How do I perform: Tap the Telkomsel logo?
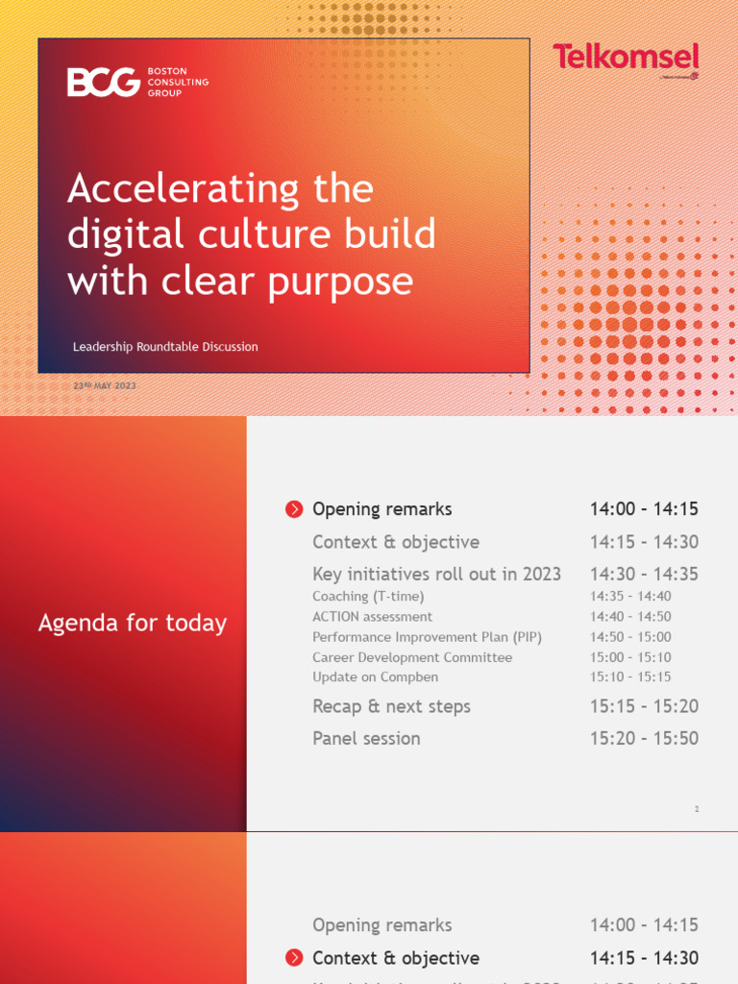(625, 58)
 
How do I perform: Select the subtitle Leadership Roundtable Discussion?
(165, 347)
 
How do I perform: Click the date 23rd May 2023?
(105, 385)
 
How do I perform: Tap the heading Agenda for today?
(133, 623)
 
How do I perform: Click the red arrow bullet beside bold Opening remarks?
(294, 509)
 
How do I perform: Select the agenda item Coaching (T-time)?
(368, 596)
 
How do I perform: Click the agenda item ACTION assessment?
(372, 616)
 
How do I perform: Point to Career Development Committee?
(412, 657)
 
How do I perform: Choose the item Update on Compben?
(376, 676)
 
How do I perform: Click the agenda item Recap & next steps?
(391, 706)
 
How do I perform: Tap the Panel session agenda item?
(366, 738)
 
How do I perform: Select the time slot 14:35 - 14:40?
(630, 596)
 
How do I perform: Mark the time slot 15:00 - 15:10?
(630, 657)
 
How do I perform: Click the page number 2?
(697, 809)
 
